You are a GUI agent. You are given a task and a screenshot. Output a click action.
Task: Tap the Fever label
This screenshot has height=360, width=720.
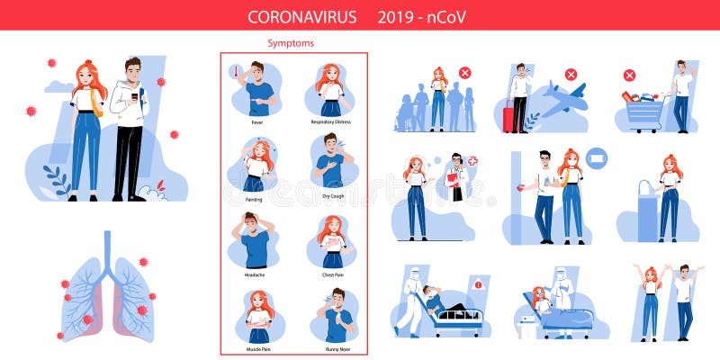[x=256, y=122]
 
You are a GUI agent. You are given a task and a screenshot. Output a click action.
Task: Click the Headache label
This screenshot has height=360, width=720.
[x=256, y=274]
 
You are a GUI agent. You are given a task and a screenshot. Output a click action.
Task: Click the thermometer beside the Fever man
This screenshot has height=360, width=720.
[x=235, y=70]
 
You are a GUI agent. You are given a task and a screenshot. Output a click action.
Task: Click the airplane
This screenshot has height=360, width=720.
[x=561, y=97]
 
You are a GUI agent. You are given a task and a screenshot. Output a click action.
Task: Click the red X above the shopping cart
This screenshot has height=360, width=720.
[x=629, y=75]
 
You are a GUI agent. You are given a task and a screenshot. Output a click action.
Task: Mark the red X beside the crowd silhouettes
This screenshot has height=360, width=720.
[x=464, y=73]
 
